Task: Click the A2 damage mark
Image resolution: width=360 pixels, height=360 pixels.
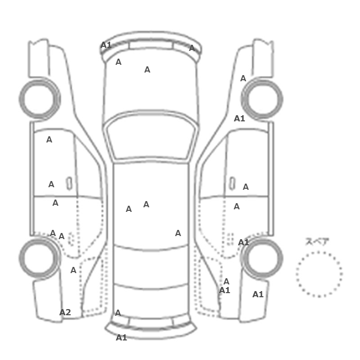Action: coord(65,312)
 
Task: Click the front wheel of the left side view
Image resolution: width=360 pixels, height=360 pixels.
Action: coord(40,99)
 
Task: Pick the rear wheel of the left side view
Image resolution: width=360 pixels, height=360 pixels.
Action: coord(40,258)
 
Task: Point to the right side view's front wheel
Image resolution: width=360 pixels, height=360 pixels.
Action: coord(262,99)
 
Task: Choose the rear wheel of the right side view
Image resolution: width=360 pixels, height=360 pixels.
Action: coord(262,258)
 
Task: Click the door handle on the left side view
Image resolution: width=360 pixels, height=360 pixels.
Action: coord(69,184)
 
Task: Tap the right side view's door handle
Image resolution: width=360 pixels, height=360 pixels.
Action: coord(232,184)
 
